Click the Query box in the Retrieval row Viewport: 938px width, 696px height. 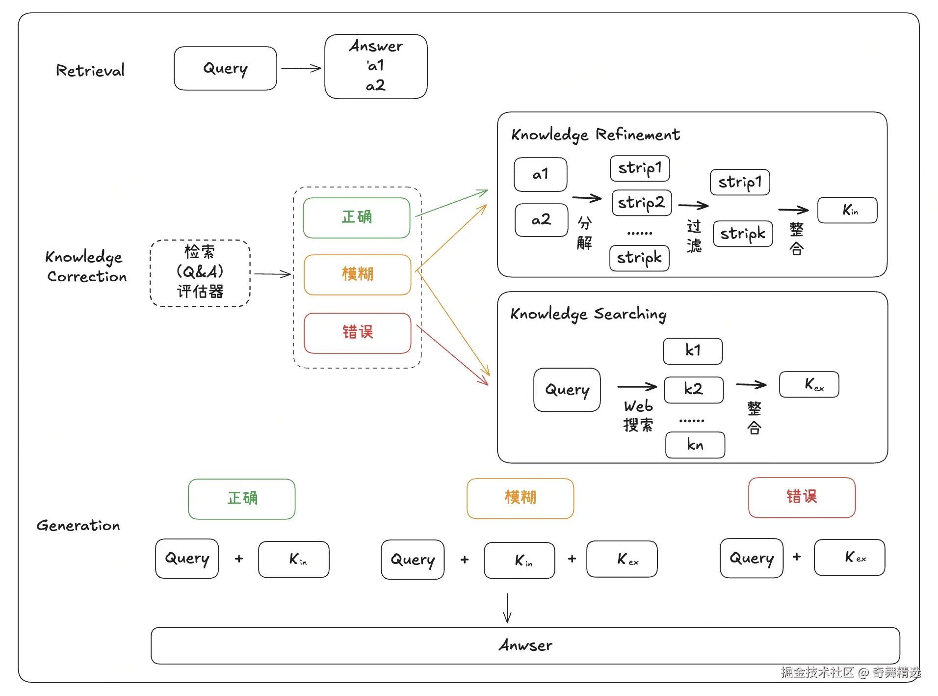click(225, 68)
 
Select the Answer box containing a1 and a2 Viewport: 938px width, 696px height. click(376, 66)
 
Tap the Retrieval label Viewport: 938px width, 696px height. click(90, 70)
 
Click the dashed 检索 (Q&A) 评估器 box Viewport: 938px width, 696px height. click(200, 273)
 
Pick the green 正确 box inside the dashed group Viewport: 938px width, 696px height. click(357, 217)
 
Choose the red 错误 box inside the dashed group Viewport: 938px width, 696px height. click(357, 333)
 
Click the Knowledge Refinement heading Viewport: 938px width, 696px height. click(596, 134)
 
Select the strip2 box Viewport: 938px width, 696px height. click(642, 203)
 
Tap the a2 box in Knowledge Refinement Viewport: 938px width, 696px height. click(542, 220)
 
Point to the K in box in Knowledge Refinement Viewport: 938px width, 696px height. click(847, 210)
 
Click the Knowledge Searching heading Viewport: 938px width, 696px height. click(588, 314)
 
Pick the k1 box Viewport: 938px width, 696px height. click(693, 351)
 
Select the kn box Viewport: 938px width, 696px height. click(695, 445)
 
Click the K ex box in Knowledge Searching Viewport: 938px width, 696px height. click(809, 384)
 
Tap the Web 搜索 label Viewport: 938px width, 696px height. click(638, 415)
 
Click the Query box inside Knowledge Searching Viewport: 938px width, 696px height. click(567, 390)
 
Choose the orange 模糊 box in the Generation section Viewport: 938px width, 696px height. click(520, 498)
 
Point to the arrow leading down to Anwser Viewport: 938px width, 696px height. click(507, 608)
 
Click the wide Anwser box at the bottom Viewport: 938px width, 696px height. click(525, 645)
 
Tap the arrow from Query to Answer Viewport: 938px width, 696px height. click(301, 68)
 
